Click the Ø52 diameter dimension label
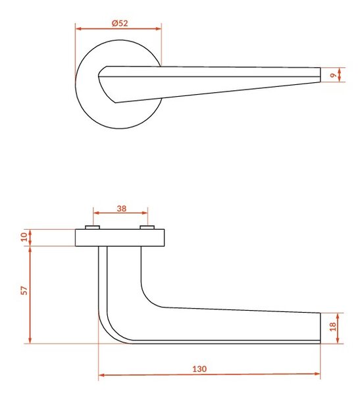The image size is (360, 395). (x=120, y=24)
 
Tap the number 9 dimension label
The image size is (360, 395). (x=333, y=75)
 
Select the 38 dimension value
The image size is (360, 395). (x=122, y=209)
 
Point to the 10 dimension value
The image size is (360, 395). (x=24, y=237)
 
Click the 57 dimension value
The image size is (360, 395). (x=24, y=290)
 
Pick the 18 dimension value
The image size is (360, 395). (x=332, y=327)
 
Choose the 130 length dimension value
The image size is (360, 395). (x=199, y=369)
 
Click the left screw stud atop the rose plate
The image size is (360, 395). (x=92, y=228)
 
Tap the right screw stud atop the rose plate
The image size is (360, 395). (x=147, y=228)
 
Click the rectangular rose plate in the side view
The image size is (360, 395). (x=120, y=238)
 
